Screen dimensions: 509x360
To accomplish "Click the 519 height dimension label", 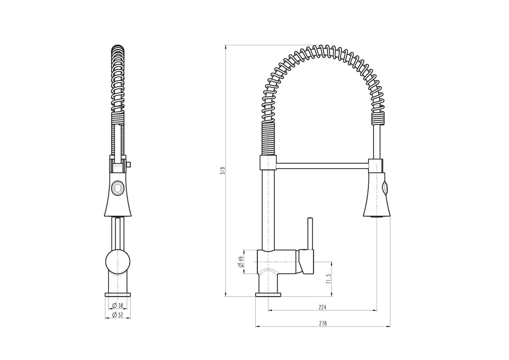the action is (223, 171).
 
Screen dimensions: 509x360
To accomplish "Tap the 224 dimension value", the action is (322, 307).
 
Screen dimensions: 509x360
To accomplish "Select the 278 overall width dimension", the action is (322, 323).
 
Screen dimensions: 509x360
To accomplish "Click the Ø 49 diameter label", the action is (241, 262).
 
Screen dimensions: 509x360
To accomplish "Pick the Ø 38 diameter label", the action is (118, 306).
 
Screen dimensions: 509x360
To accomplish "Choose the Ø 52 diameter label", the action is (118, 315).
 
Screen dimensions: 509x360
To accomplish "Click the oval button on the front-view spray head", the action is (118, 188).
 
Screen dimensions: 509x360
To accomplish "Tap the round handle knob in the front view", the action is (118, 262).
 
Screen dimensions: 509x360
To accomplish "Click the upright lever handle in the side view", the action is (310, 234).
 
